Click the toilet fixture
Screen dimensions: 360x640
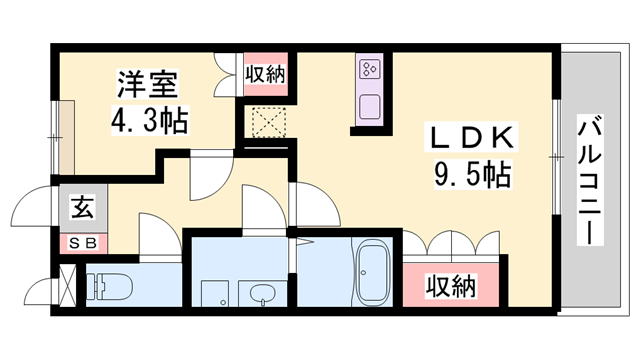(x=108, y=287)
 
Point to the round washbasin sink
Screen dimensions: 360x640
(x=262, y=293)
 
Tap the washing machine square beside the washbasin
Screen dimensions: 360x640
(x=215, y=293)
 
